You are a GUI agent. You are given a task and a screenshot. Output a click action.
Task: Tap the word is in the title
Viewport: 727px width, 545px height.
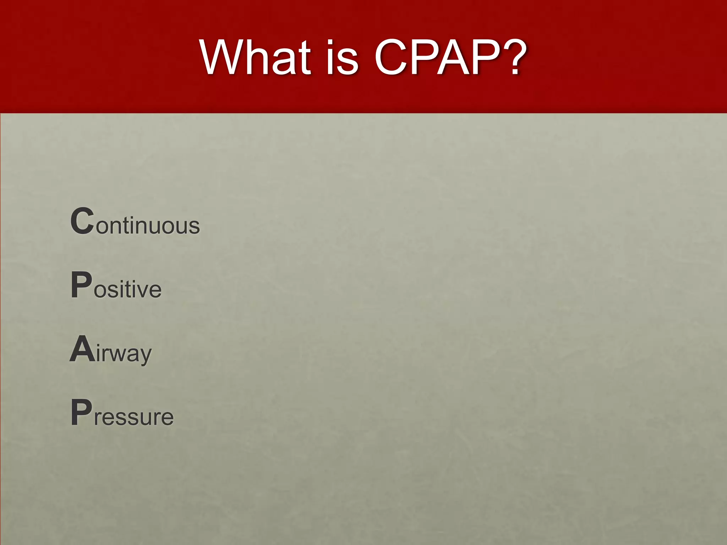342,57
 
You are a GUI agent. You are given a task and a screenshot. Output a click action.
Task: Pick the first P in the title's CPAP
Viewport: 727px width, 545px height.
426,58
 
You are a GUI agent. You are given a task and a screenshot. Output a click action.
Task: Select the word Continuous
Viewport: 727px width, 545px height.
135,222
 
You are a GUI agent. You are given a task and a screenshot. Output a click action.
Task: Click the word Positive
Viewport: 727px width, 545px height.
116,286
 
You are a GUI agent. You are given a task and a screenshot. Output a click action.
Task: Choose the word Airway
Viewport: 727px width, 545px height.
110,351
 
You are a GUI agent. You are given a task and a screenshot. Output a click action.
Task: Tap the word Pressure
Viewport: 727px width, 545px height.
122,413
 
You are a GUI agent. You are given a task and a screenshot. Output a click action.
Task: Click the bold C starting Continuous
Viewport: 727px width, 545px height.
82,221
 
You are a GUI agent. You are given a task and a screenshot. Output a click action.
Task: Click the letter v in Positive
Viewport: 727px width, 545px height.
142,290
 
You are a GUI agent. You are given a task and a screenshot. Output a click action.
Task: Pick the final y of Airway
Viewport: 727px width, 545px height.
146,356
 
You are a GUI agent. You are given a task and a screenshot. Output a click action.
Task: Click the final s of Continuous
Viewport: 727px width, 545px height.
194,226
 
